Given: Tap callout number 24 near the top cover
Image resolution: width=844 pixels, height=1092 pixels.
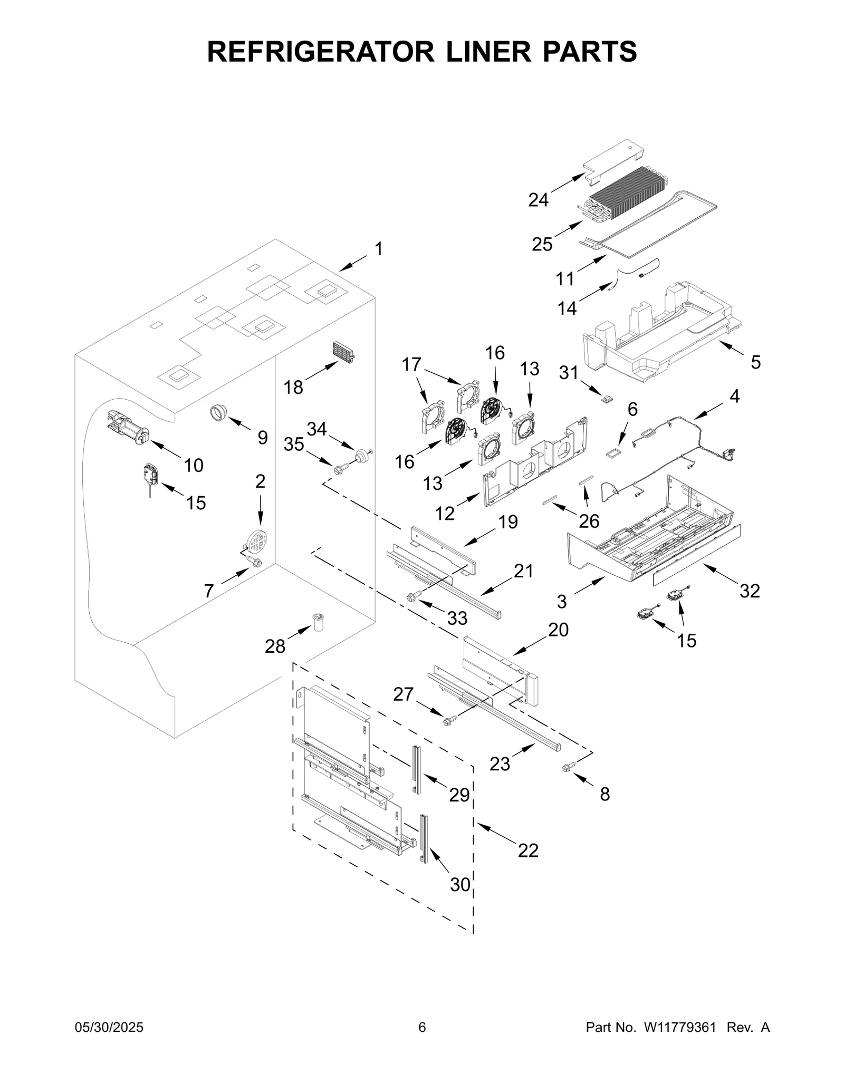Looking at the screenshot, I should coord(539,200).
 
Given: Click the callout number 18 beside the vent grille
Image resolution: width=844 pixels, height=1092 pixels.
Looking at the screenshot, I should coord(294,388).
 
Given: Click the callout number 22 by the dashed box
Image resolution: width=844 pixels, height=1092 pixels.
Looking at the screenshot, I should coord(528,851).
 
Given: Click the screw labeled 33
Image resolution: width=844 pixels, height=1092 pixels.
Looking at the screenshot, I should coord(414,596).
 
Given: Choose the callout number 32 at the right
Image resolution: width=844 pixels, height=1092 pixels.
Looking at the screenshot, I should coord(750,591).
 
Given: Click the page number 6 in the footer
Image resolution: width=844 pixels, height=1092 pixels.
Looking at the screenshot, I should coord(422,1027).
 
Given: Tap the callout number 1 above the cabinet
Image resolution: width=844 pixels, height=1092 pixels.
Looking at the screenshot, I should coord(379,249).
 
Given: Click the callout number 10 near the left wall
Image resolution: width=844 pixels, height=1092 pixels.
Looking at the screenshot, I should coord(194,465).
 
